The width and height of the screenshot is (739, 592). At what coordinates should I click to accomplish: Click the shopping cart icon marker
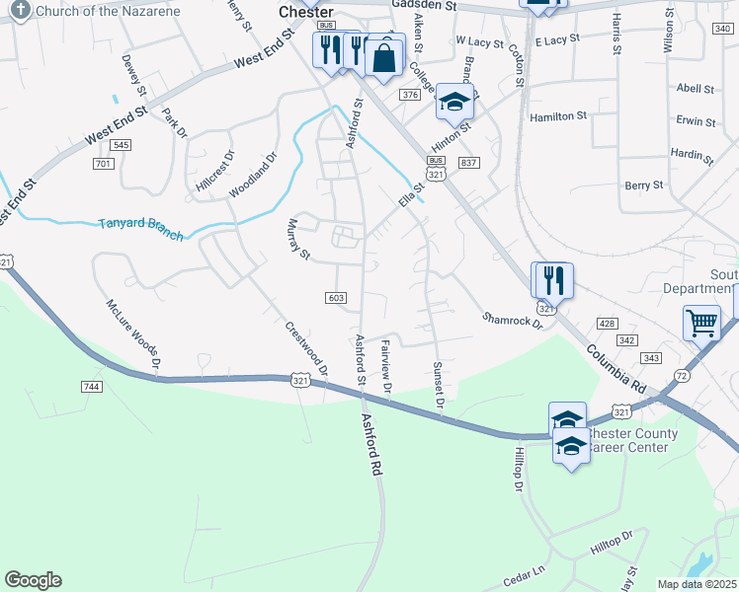click(701, 322)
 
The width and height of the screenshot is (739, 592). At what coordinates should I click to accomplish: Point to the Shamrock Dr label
click(513, 320)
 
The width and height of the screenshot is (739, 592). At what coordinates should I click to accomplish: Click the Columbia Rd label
click(621, 366)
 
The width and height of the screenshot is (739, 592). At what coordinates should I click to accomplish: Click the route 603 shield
click(336, 297)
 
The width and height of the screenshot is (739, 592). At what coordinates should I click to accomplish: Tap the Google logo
click(33, 580)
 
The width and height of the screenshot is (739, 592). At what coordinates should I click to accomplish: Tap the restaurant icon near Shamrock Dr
click(552, 280)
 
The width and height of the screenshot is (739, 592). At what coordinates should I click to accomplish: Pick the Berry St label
click(644, 185)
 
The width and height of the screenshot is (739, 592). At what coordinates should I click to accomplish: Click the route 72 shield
click(682, 376)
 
